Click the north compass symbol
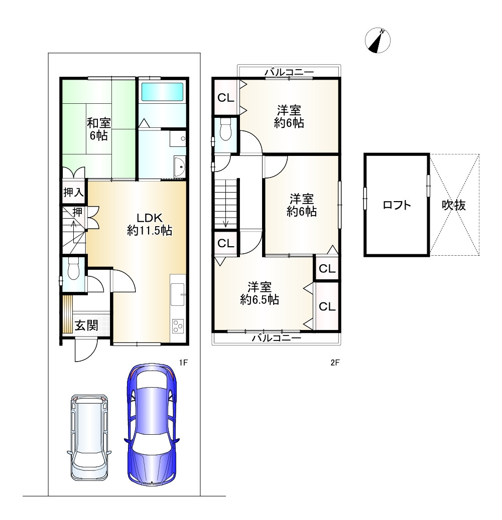tap(378, 41)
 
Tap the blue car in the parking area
tap(152, 425)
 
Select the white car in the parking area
tap(89, 438)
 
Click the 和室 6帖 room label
tap(98, 129)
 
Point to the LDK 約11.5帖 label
tap(150, 224)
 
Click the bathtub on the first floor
tap(162, 92)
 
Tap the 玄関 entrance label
tap(86, 325)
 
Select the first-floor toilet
tap(73, 269)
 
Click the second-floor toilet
tap(225, 129)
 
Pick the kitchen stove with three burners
tap(178, 325)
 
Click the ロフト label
tap(397, 205)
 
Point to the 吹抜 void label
tap(453, 205)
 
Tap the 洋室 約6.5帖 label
tap(260, 293)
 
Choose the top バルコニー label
tap(289, 72)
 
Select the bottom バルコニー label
tap(276, 338)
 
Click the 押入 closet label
tap(73, 192)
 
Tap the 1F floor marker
tap(183, 363)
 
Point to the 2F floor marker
tap(335, 363)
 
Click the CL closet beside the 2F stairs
tap(226, 243)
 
